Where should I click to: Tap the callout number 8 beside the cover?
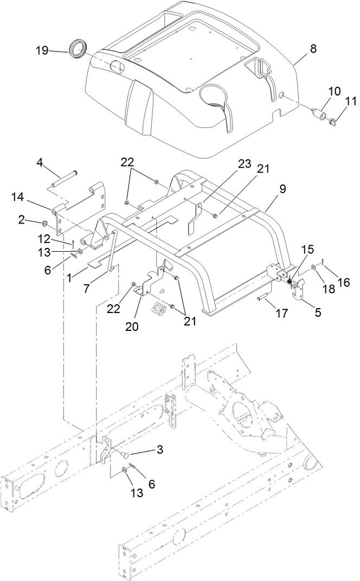click(313, 48)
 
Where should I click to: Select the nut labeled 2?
click(46, 222)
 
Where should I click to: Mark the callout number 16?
click(344, 282)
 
